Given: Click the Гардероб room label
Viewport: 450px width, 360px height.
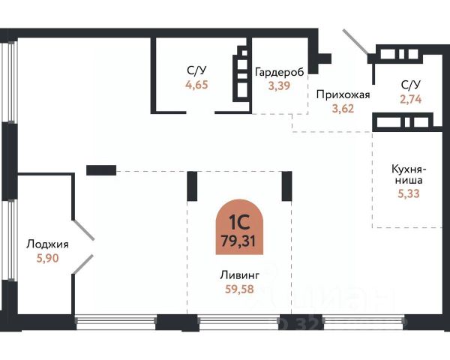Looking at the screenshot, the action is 279,72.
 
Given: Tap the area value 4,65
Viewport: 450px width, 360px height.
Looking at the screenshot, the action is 196,85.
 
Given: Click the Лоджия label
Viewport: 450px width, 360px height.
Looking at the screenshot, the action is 47,244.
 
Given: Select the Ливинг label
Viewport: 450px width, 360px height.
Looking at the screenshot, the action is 235,275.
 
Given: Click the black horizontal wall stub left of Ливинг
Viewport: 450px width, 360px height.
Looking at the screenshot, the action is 100,170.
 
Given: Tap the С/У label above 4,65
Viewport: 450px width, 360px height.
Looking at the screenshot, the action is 196,71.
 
